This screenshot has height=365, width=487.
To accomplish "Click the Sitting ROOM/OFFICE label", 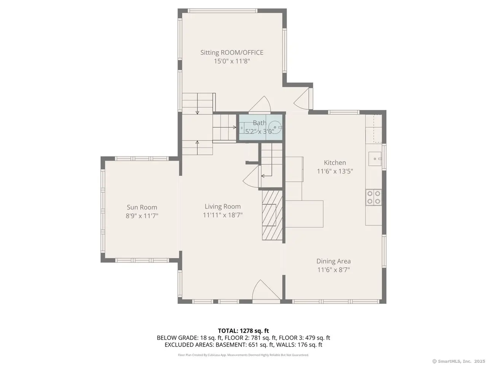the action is coord(232,52).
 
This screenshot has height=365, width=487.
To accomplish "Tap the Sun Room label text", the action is coord(142,207).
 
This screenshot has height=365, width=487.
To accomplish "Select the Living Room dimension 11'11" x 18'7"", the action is coord(223,215).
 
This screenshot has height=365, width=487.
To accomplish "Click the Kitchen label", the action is coord(334,163).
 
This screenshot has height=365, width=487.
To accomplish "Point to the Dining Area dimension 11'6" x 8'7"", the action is coord(333,270).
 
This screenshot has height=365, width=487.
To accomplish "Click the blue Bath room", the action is coord(261,127).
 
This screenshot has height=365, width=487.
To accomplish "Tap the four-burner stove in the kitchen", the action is coord(373,197).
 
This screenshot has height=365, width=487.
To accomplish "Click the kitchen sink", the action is coord(375,159).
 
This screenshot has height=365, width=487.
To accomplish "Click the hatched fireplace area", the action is coord(272,215).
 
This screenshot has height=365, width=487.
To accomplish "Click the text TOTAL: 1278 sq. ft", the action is coord(243,331).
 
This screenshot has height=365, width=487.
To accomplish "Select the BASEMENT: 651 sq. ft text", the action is coord(231,344).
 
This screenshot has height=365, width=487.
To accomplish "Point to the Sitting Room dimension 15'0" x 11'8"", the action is coord(232,61).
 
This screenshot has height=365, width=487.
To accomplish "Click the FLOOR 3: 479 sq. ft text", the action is coord(304,338).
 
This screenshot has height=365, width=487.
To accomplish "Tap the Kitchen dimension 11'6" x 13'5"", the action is coord(334,171).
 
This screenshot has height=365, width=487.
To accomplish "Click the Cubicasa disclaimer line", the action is coord(243,355).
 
